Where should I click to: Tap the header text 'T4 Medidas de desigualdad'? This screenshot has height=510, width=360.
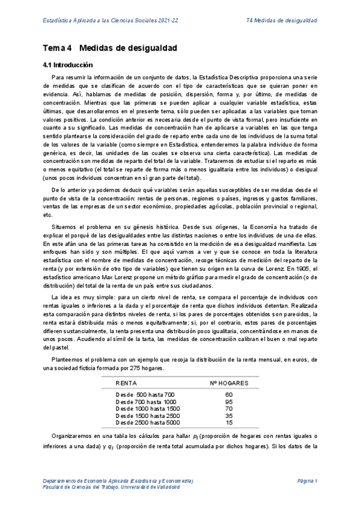pyautogui.click(x=282, y=20)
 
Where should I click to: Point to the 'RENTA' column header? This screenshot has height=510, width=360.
pyautogui.click(x=126, y=382)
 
